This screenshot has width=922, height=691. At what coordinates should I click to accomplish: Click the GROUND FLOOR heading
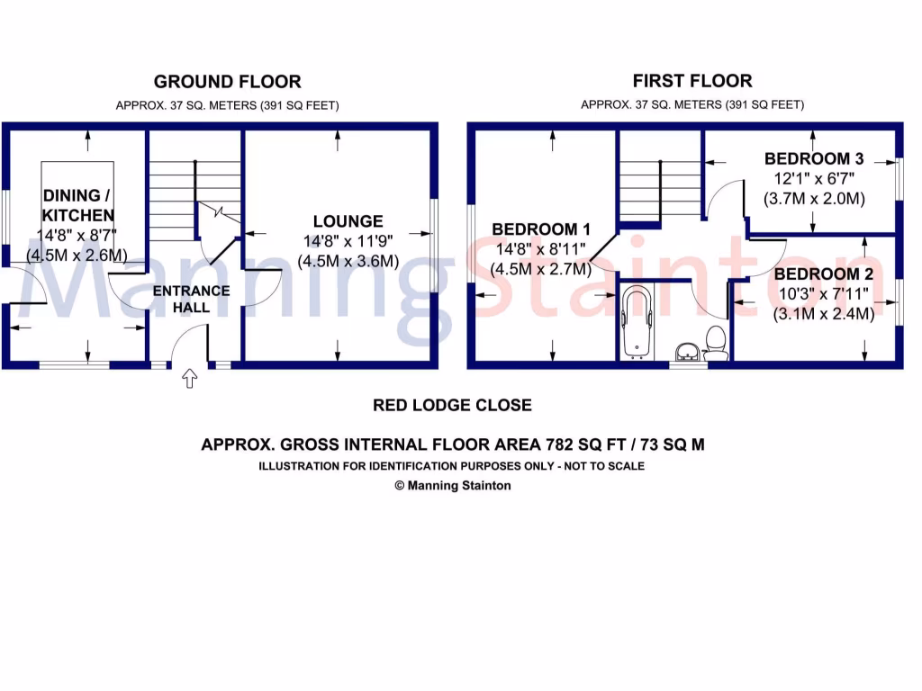tap(227, 82)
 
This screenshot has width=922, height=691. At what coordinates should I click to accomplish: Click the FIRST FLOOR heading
tap(691, 81)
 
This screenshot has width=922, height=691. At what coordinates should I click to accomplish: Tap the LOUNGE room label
tap(348, 221)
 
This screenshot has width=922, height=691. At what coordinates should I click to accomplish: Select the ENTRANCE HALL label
tap(191, 299)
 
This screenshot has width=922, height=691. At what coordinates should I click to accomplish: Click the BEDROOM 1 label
tap(540, 229)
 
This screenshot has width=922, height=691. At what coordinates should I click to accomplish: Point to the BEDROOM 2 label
tap(823, 274)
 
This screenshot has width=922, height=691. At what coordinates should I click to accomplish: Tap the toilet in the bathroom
tap(717, 343)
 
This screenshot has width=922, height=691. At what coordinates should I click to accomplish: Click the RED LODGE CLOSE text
tap(452, 405)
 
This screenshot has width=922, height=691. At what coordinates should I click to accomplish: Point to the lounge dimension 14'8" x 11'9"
tap(348, 241)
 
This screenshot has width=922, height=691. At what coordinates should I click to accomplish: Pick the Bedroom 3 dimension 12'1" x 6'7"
tap(814, 179)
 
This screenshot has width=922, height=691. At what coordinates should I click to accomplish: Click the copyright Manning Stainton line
tap(453, 486)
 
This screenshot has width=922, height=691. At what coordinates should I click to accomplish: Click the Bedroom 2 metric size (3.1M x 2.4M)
tap(823, 314)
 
